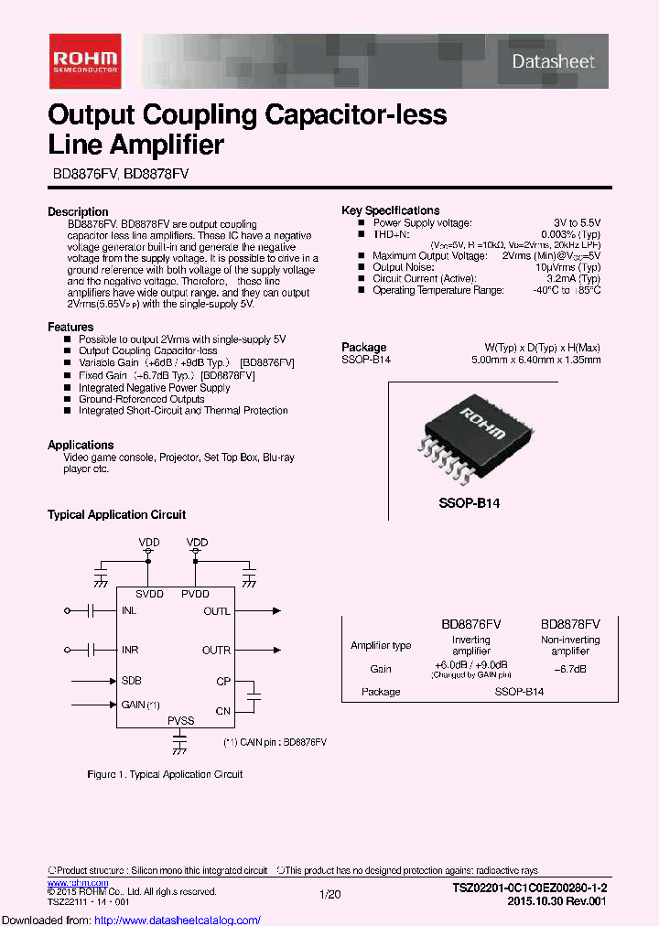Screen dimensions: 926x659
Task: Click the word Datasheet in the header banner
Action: pos(553,61)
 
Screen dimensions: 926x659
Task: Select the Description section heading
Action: pos(78,211)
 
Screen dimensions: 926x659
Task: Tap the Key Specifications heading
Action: pos(390,210)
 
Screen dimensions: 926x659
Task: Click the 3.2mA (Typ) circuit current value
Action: pos(574,279)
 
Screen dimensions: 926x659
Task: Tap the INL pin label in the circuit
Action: pos(129,611)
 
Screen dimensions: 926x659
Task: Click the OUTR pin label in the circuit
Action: pos(216,651)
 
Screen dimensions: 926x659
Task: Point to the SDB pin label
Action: pos(131,681)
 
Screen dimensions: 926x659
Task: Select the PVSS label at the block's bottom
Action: pos(180,721)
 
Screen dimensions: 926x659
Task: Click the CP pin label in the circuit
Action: pos(222,681)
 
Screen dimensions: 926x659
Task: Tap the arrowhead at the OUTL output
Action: pos(276,610)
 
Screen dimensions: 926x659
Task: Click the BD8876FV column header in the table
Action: pos(471,624)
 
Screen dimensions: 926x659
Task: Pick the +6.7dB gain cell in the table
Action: pos(569,670)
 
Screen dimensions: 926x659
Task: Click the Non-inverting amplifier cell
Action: pos(570,645)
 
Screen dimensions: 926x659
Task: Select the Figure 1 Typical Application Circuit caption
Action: pos(165,774)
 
